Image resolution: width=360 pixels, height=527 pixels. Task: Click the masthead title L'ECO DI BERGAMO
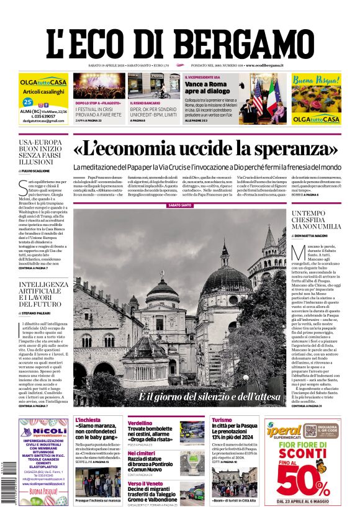180,38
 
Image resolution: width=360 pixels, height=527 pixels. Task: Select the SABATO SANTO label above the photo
180,204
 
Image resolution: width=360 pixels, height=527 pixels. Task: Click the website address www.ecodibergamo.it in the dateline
264,65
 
